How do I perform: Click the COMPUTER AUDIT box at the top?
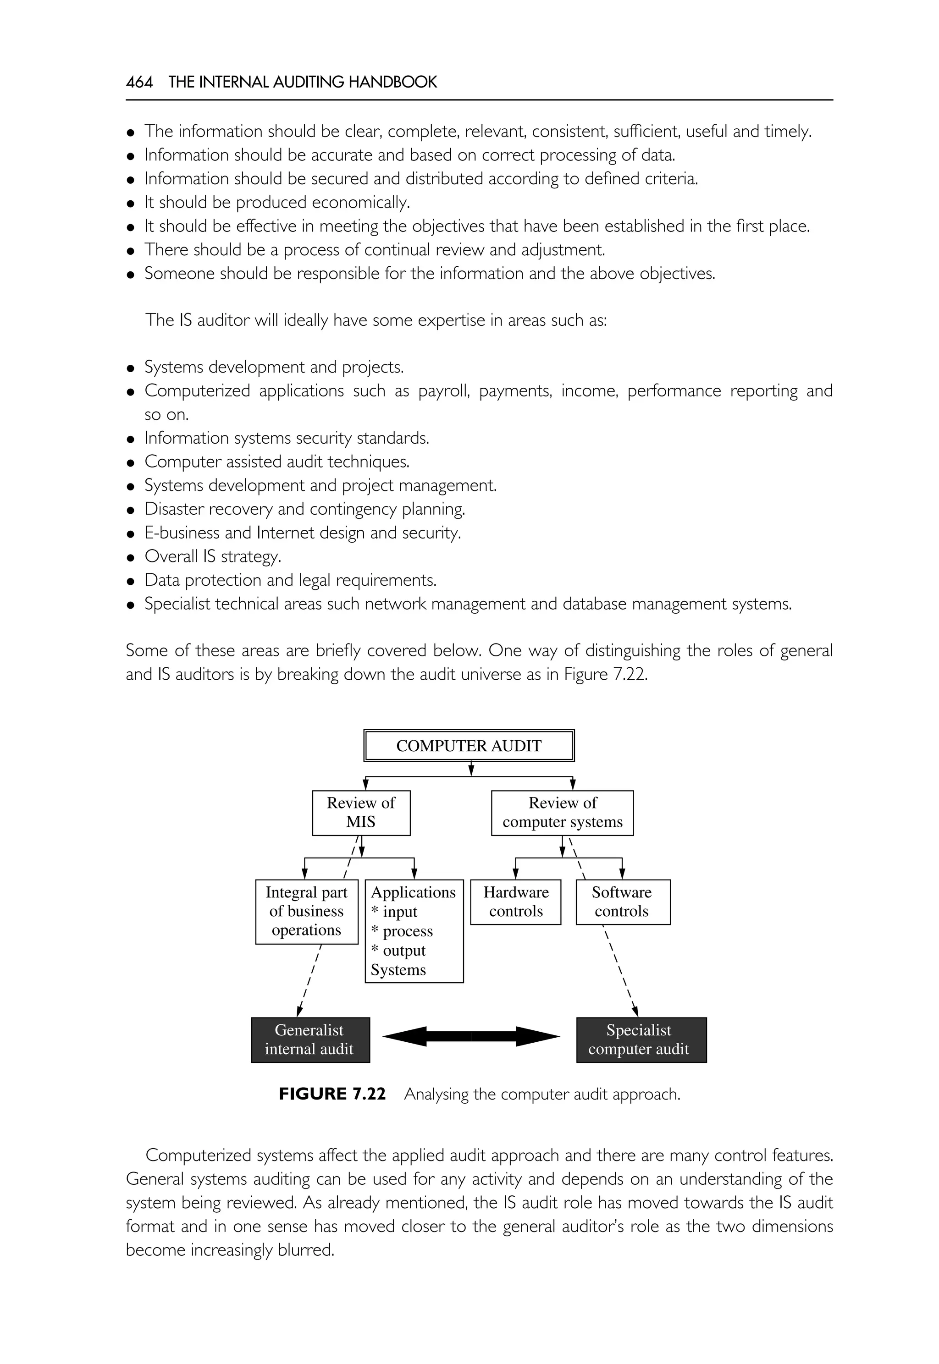[x=469, y=746]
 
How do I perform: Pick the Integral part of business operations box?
[x=307, y=911]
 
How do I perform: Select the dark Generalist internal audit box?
[x=310, y=1039]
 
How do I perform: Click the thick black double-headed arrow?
[x=471, y=1036]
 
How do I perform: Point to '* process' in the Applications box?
[x=403, y=931]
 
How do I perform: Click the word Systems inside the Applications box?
[x=398, y=970]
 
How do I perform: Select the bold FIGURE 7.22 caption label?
[x=332, y=1094]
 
